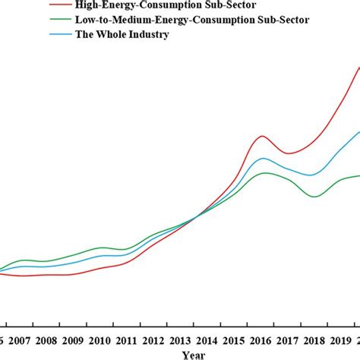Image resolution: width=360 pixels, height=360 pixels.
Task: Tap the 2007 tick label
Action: coord(18,340)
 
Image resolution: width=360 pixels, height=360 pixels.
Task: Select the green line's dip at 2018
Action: coord(314,197)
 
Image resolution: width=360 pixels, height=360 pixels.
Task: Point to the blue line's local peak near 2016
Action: coord(263,158)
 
